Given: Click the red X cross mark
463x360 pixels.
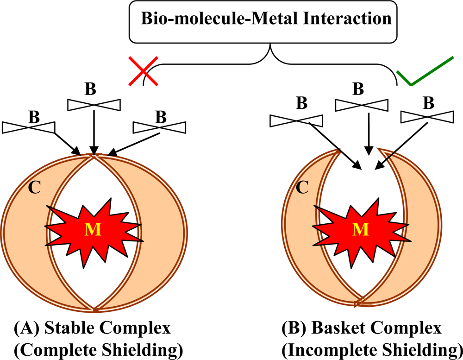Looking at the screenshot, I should click(x=144, y=71).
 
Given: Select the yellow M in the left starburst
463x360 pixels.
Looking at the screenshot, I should click(x=94, y=230).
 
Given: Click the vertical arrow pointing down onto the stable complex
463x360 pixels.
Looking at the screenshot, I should click(x=94, y=132).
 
